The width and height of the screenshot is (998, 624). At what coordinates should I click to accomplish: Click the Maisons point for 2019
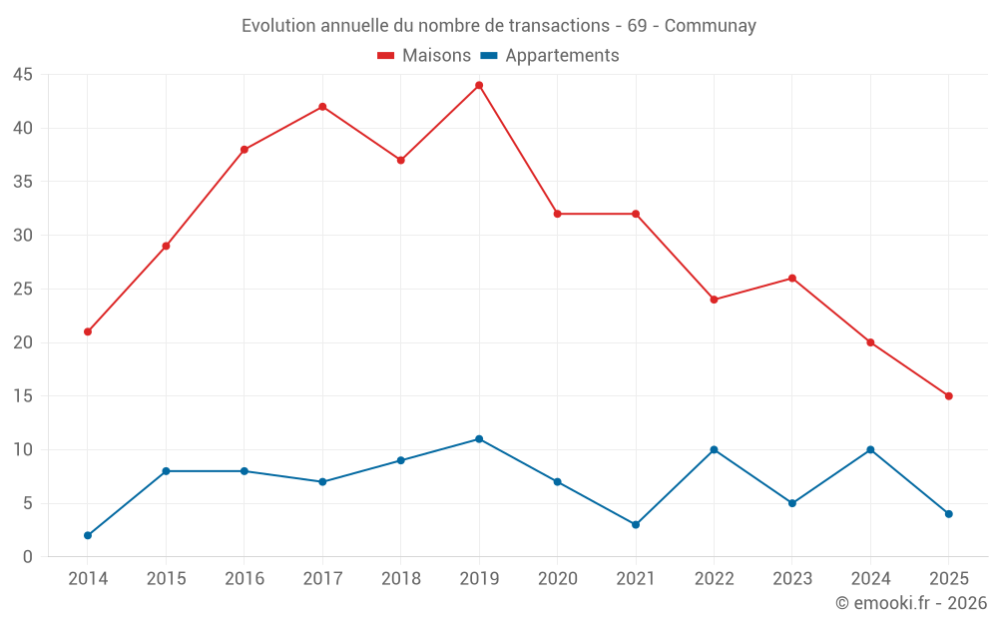pyautogui.click(x=479, y=85)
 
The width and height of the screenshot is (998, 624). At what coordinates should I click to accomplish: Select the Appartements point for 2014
pyautogui.click(x=88, y=535)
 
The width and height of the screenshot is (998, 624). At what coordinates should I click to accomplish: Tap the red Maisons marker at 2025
pyautogui.click(x=949, y=396)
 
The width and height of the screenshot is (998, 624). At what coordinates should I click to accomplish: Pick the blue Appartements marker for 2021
pyautogui.click(x=636, y=524)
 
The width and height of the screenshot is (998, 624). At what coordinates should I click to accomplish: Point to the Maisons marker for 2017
pyautogui.click(x=322, y=107)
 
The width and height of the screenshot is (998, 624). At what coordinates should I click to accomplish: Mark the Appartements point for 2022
pyautogui.click(x=714, y=449)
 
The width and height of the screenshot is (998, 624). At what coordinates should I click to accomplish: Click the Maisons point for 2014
pyautogui.click(x=88, y=331)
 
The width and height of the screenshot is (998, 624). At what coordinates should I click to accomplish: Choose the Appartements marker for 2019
pyautogui.click(x=479, y=439)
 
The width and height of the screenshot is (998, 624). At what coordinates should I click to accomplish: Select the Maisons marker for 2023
pyautogui.click(x=792, y=279)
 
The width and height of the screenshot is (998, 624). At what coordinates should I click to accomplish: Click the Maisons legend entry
pyautogui.click(x=424, y=56)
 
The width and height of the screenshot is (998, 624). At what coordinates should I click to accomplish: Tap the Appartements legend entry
pyautogui.click(x=550, y=56)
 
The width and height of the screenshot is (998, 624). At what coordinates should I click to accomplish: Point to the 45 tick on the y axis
pyautogui.click(x=23, y=75)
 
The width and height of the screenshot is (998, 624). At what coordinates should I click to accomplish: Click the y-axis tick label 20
pyautogui.click(x=23, y=342)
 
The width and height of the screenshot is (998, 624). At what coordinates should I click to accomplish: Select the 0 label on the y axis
pyautogui.click(x=28, y=557)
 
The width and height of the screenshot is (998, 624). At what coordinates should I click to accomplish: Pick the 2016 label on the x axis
pyautogui.click(x=245, y=579)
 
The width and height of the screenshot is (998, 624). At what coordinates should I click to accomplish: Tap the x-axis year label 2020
pyautogui.click(x=557, y=579)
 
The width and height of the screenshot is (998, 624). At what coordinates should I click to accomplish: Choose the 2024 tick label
pyautogui.click(x=870, y=579)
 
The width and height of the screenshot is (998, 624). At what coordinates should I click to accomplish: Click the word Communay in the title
pyautogui.click(x=710, y=26)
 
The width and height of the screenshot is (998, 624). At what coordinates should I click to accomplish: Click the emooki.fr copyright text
pyautogui.click(x=911, y=603)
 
